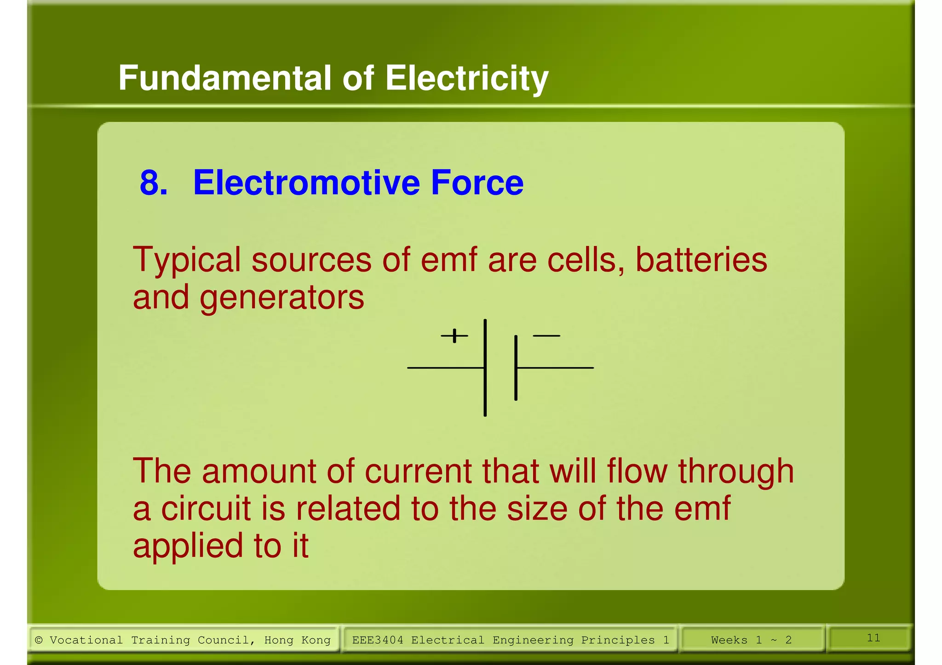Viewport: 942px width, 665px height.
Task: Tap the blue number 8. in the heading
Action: pos(154,183)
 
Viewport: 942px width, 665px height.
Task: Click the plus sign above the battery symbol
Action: pos(454,336)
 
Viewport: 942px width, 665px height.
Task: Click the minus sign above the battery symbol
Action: pos(546,336)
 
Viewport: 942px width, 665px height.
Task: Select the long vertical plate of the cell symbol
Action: pos(485,368)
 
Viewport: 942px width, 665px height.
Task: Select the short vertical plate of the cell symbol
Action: pos(516,368)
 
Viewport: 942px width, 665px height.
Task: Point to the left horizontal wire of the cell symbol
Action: pos(445,368)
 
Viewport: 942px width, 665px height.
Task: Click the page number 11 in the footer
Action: pos(873,638)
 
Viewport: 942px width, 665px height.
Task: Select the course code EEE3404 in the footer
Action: pos(378,640)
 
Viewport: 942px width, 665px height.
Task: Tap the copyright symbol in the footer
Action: pos(39,640)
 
